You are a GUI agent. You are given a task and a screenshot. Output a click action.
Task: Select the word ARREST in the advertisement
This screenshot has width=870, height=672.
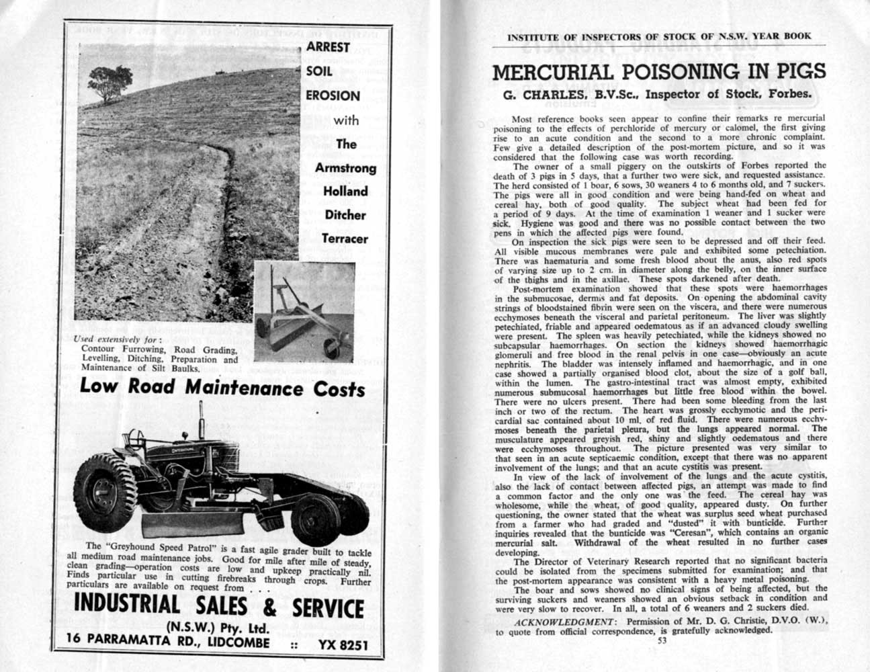click(x=328, y=47)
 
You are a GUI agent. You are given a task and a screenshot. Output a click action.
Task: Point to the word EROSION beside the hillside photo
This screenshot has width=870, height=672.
click(x=333, y=95)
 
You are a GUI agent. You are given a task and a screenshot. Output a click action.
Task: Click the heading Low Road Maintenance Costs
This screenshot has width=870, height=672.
click(x=222, y=388)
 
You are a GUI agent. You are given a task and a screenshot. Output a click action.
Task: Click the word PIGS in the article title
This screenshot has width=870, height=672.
click(x=779, y=72)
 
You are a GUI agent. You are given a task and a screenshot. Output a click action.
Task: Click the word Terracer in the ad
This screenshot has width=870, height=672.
click(x=345, y=239)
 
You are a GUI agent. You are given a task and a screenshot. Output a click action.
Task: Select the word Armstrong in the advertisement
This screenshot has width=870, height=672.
click(x=345, y=167)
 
